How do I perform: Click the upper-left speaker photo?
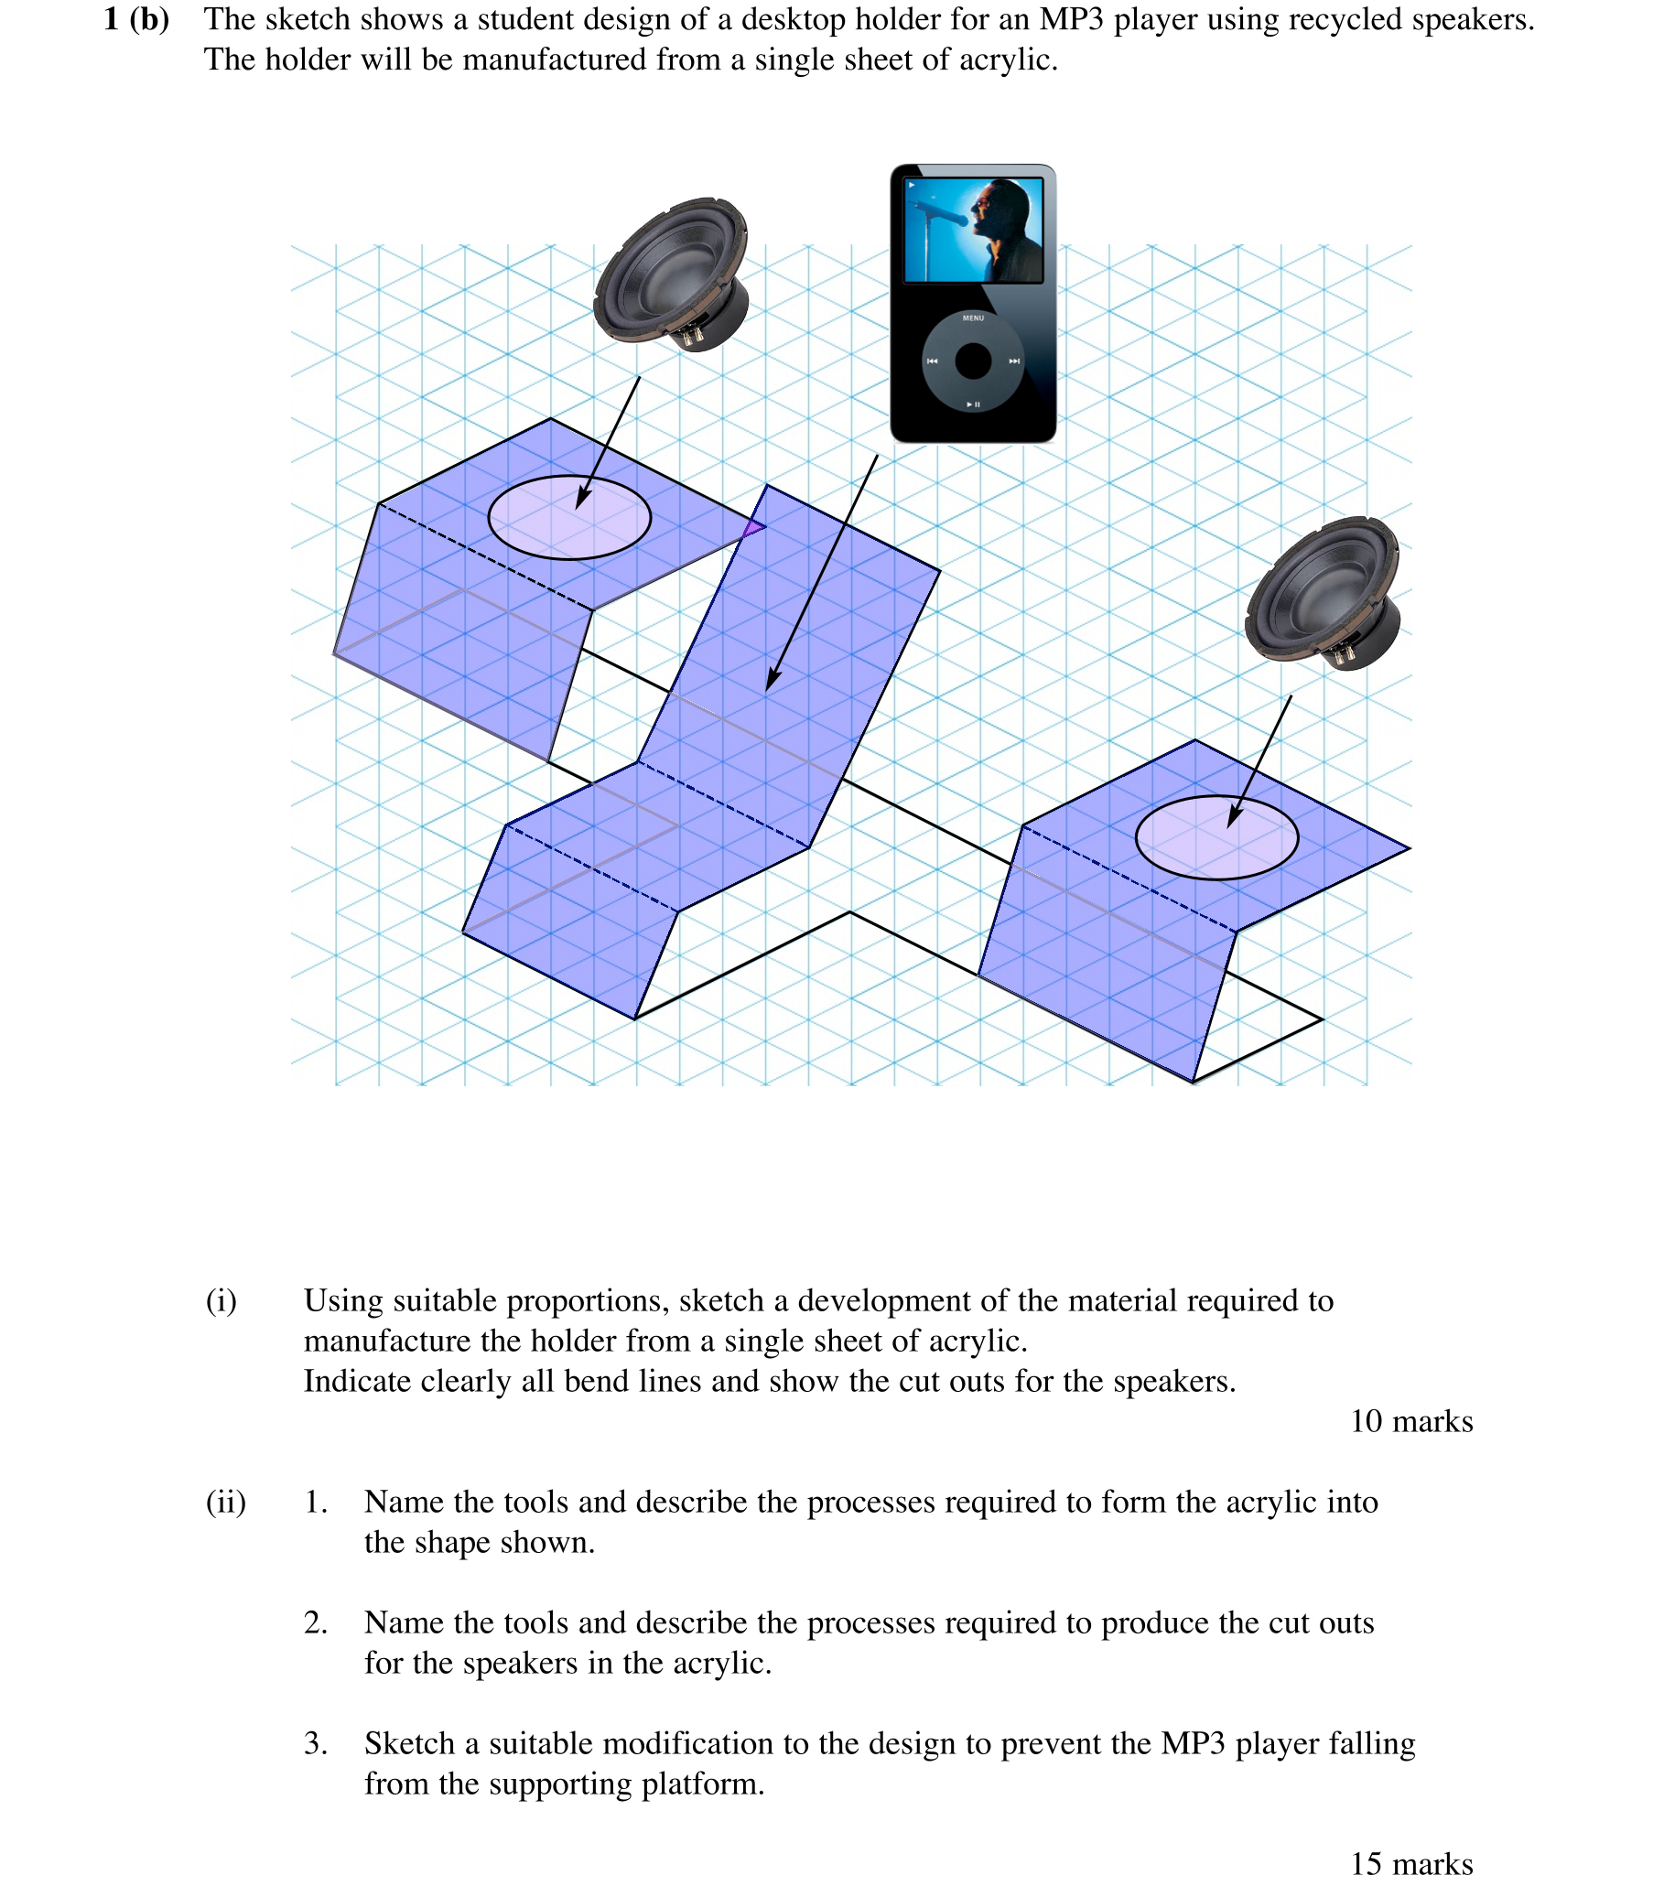click(x=671, y=274)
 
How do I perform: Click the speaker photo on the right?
click(x=1323, y=593)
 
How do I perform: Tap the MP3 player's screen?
click(x=973, y=230)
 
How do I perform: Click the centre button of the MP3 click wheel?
click(x=973, y=361)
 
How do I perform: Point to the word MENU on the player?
click(x=973, y=318)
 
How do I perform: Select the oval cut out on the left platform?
click(x=569, y=518)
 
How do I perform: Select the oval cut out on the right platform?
click(x=1216, y=837)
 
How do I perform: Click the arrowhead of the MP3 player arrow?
click(x=772, y=681)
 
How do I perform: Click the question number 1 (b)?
click(x=136, y=19)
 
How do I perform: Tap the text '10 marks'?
click(x=1410, y=1421)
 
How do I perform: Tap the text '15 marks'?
click(x=1410, y=1863)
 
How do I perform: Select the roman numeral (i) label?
click(x=222, y=1300)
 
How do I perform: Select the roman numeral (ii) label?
click(x=225, y=1503)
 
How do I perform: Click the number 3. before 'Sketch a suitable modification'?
click(x=316, y=1743)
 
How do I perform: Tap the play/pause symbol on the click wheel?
click(x=973, y=404)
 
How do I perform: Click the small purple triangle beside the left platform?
click(x=754, y=528)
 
